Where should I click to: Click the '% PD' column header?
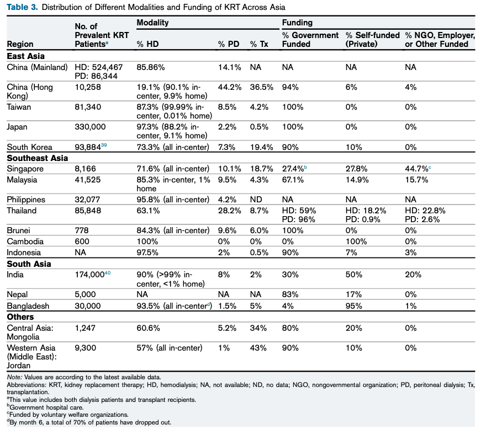pyautogui.click(x=229, y=44)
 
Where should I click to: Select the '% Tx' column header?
pyautogui.click(x=259, y=44)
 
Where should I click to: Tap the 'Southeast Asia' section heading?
pyautogui.click(x=38, y=158)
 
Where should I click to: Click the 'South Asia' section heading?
pyautogui.click(x=29, y=264)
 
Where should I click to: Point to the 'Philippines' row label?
pyautogui.click(x=26, y=200)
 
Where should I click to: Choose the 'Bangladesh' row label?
pyautogui.click(x=28, y=306)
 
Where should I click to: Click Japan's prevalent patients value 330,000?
pyautogui.click(x=90, y=127)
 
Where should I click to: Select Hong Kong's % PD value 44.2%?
pyautogui.click(x=230, y=87)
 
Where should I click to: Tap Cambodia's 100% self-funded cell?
pyautogui.click(x=356, y=241)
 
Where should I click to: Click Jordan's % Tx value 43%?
pyautogui.click(x=258, y=348)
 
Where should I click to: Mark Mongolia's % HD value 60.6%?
pyautogui.click(x=148, y=328)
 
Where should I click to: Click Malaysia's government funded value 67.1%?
pyautogui.click(x=293, y=180)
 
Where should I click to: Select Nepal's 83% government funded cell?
pyautogui.click(x=290, y=294)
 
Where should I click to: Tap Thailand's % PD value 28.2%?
pyautogui.click(x=230, y=211)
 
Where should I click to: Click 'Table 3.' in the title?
pyautogui.click(x=23, y=7)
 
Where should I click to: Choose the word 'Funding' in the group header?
pyautogui.click(x=297, y=23)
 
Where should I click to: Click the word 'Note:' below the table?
pyautogui.click(x=14, y=377)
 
